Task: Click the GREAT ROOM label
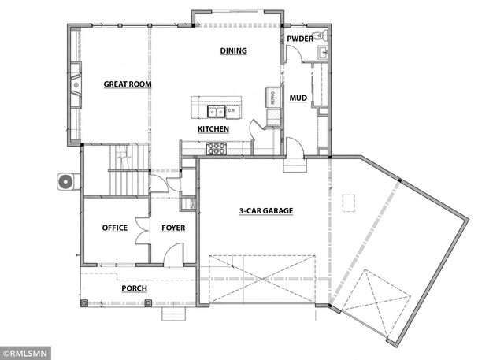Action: (128, 84)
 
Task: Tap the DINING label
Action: (233, 50)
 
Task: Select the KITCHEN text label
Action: (213, 128)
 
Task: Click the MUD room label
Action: (298, 98)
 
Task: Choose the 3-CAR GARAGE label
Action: (266, 211)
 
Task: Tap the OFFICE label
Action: (115, 228)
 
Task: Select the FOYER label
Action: (173, 228)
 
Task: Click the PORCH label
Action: (134, 288)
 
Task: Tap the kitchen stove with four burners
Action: (217, 147)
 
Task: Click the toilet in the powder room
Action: (317, 35)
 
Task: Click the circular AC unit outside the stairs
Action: (65, 182)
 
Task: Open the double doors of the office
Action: (142, 228)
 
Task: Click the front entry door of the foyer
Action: (174, 255)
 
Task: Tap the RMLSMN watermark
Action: (25, 353)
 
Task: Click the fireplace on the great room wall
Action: (76, 85)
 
